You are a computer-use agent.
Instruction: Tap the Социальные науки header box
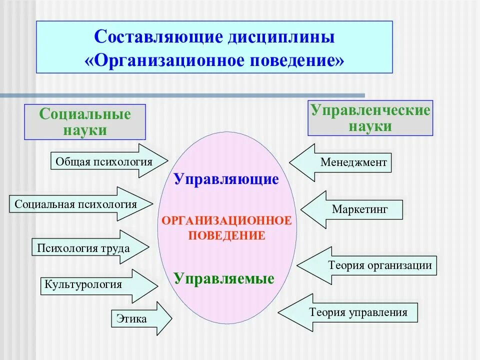pos(85,121)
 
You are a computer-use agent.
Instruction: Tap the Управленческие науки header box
pos(370,118)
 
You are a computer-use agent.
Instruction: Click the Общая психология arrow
pos(110,161)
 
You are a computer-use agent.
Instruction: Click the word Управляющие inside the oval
pos(226,179)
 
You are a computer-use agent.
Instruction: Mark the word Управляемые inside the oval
pos(224,278)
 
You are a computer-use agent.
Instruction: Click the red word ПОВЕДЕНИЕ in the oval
pos(226,235)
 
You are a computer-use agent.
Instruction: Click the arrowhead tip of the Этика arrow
pos(171,318)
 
